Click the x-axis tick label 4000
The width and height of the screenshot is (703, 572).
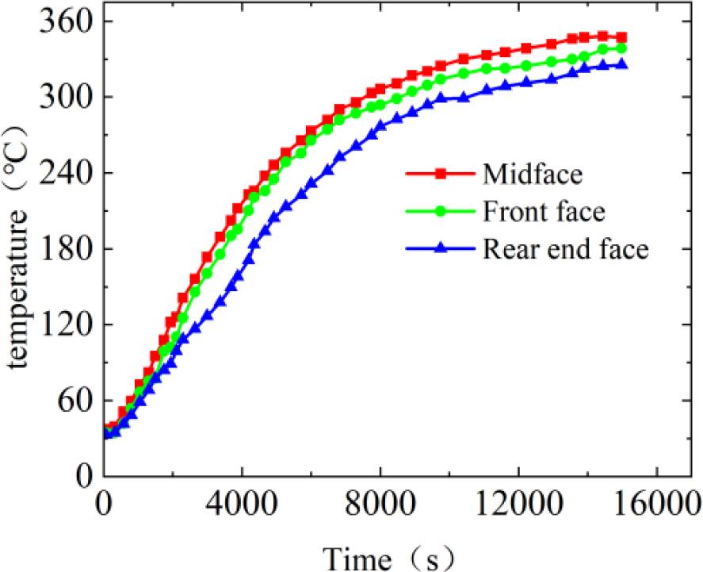coord(241,505)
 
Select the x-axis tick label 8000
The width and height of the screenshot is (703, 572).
coord(380,505)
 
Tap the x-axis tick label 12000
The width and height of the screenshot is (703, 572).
coord(518,505)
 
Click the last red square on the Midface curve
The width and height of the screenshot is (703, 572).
coord(622,36)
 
